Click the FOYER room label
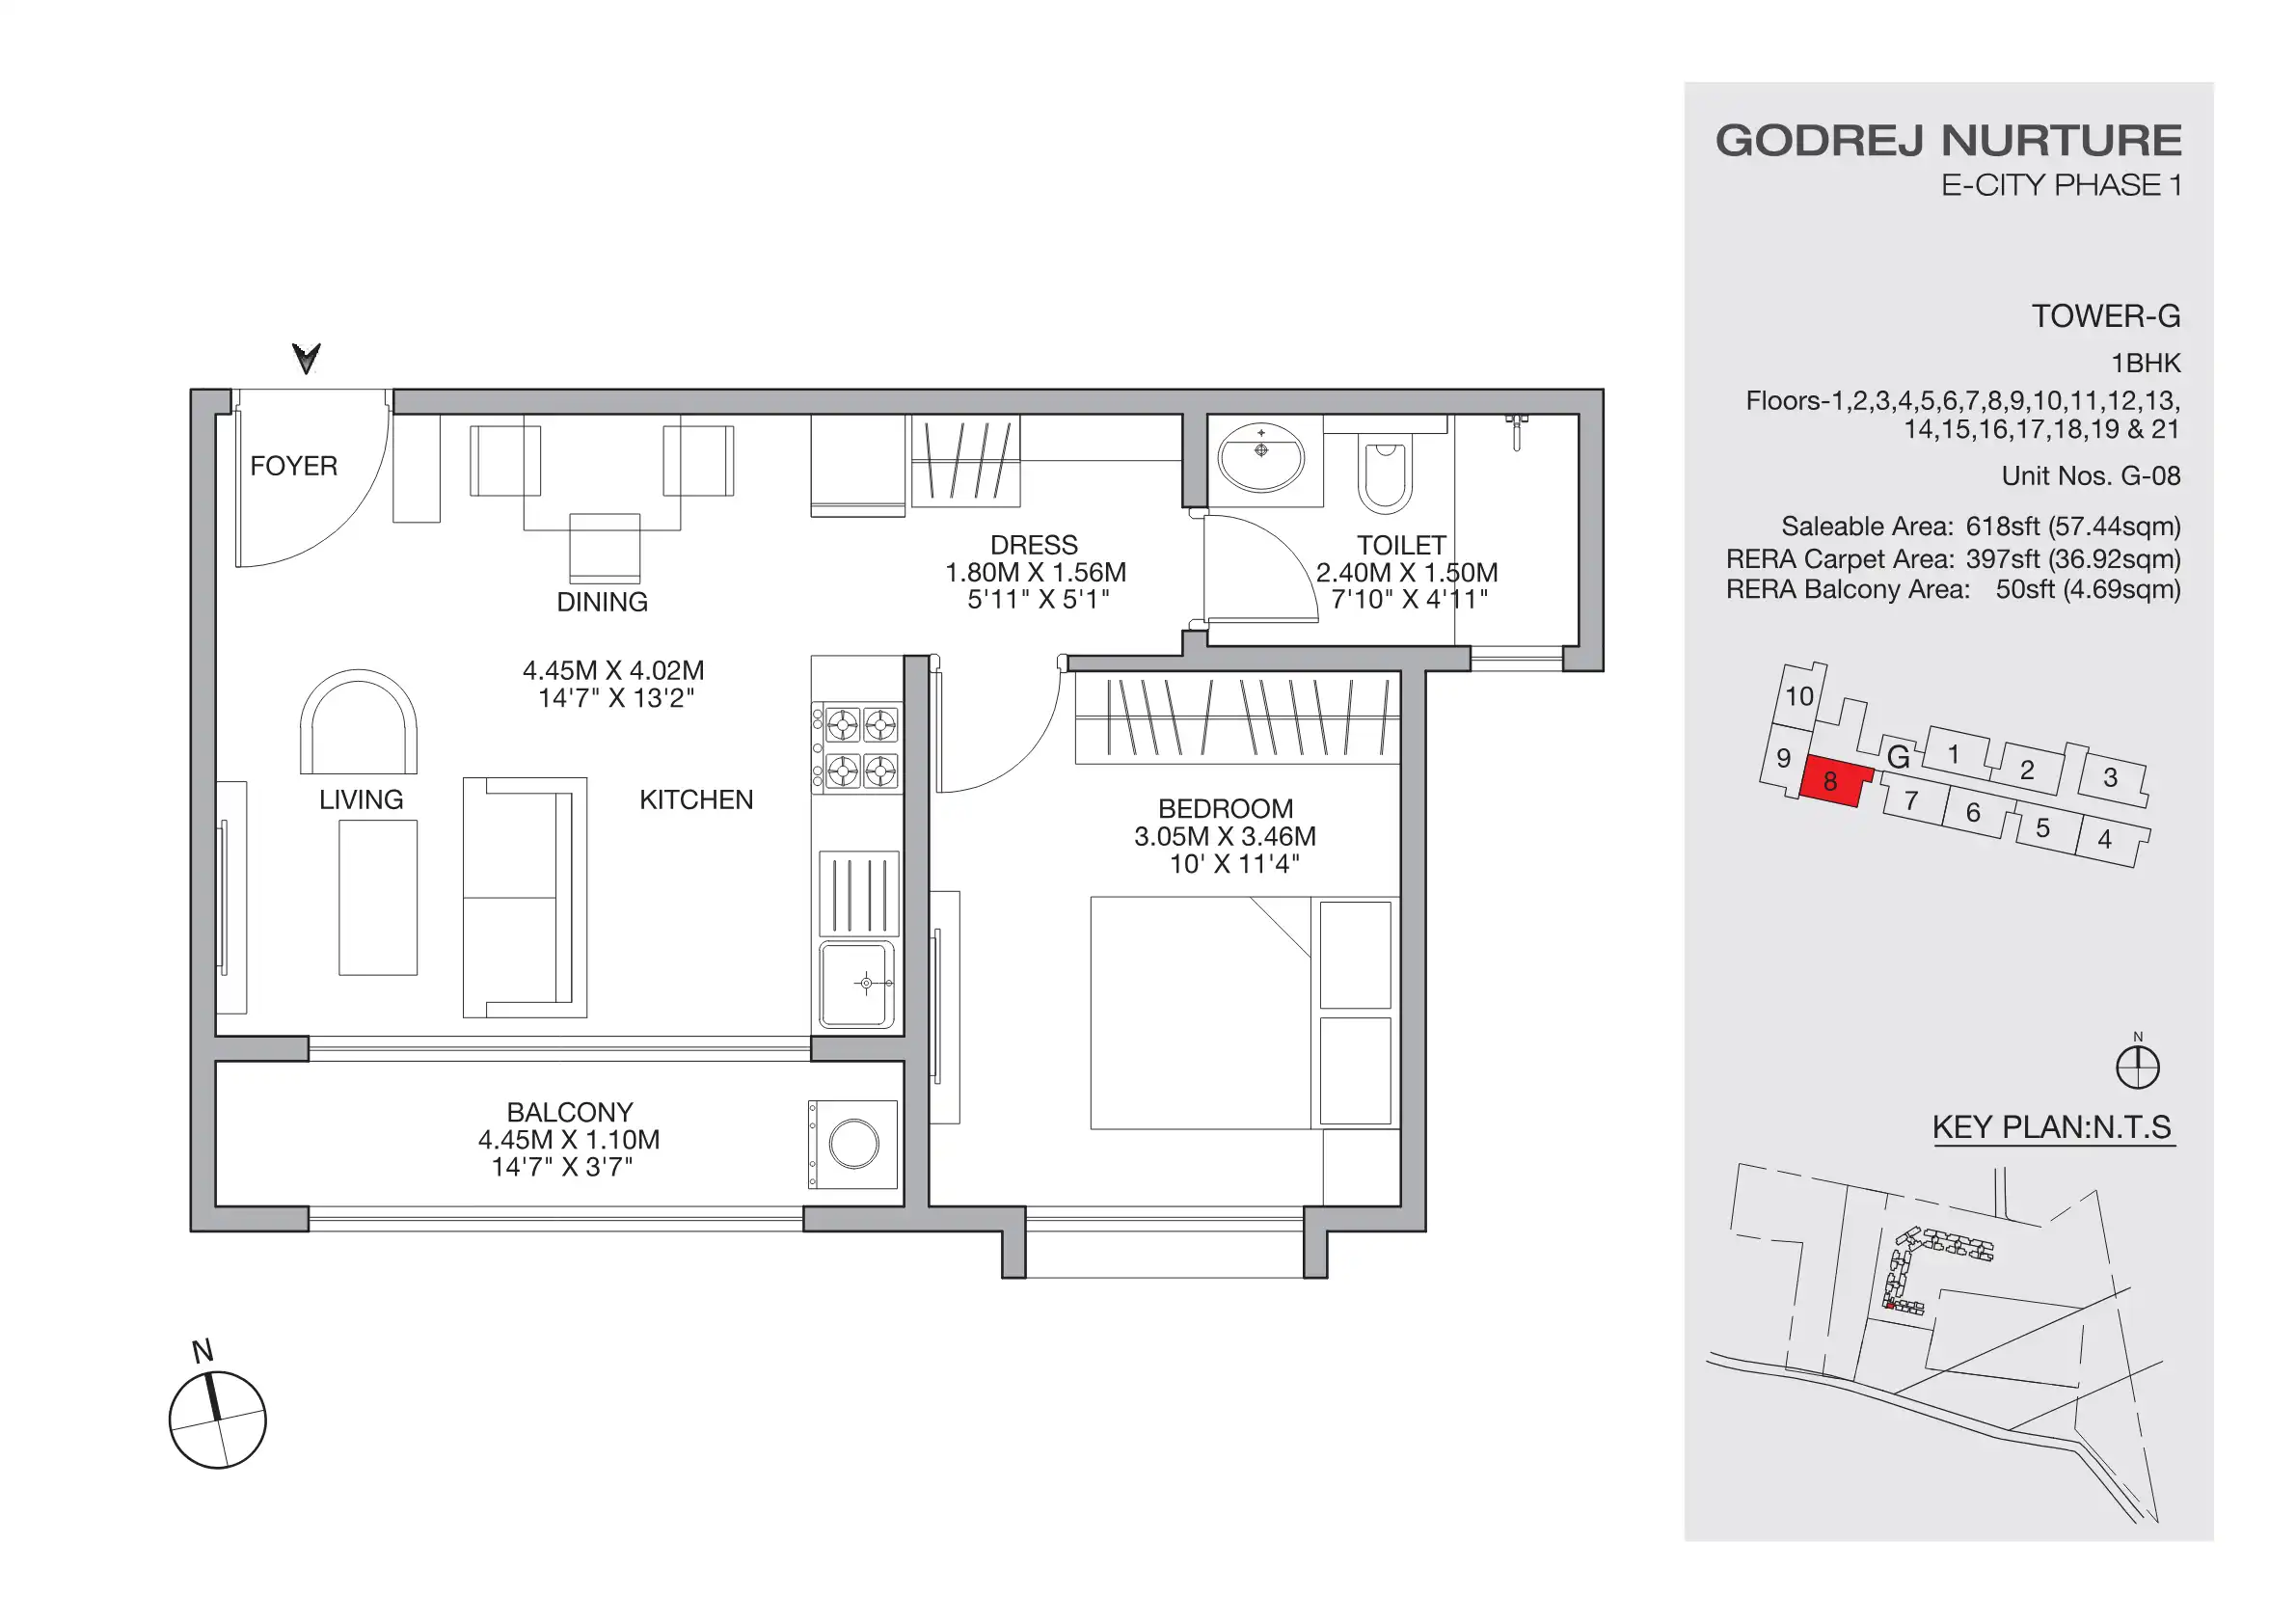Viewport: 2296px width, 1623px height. pos(293,466)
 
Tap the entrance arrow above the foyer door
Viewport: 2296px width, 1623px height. pos(306,358)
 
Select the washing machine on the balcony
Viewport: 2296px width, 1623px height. pos(853,1144)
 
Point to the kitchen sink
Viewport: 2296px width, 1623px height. pos(857,985)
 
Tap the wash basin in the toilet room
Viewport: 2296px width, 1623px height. pos(1261,458)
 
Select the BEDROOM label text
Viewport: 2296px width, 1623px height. pos(1225,808)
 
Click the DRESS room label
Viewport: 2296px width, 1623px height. pos(1033,545)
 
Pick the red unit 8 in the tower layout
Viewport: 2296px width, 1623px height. pos(1833,781)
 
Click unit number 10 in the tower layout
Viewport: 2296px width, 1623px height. pos(1799,696)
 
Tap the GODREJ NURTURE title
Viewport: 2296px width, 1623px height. pos(1948,141)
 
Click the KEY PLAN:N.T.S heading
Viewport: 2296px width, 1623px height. pos(2051,1127)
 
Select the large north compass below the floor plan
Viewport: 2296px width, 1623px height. pos(217,1419)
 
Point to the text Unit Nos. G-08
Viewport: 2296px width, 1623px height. pos(2090,476)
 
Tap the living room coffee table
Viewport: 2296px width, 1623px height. pos(378,897)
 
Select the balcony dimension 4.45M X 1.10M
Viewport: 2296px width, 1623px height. pos(568,1139)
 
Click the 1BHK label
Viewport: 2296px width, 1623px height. pos(2145,363)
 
